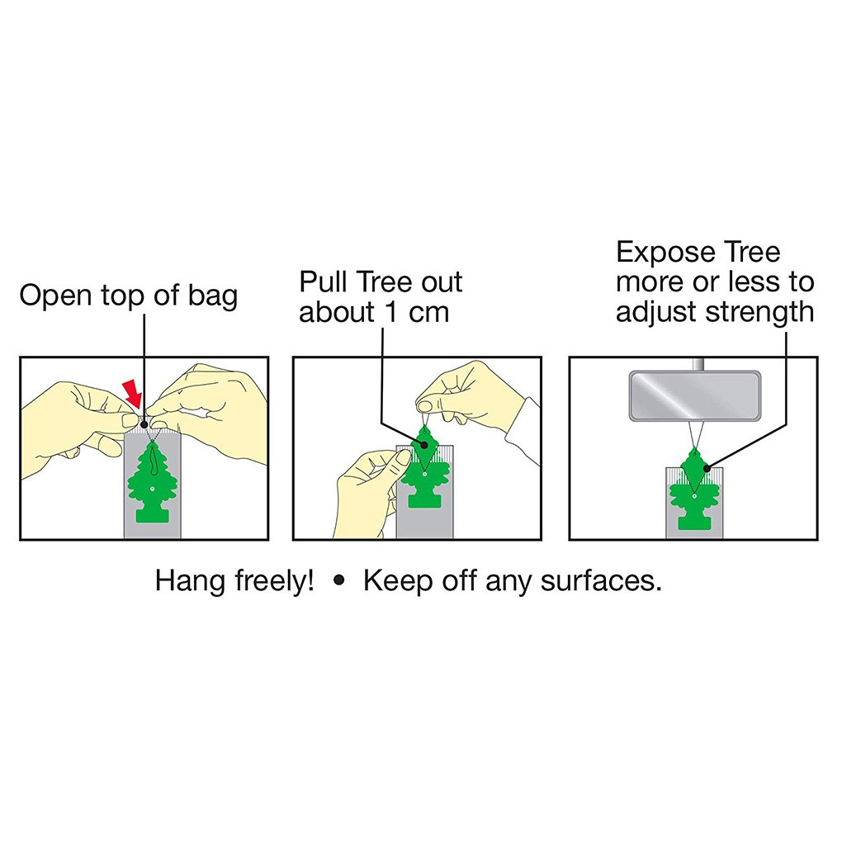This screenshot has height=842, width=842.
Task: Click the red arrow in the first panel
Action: [132, 394]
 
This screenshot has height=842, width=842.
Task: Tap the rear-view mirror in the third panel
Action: [695, 395]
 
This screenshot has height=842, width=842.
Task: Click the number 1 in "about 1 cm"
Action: [391, 313]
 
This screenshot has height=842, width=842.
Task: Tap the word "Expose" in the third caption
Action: [666, 253]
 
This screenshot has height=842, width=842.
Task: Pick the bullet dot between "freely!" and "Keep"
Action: [338, 580]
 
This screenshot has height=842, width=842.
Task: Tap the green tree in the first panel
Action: [153, 482]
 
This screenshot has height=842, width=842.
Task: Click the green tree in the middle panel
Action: [424, 466]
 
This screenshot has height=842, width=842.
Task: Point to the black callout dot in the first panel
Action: [144, 425]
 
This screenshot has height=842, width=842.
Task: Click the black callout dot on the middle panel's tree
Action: [424, 445]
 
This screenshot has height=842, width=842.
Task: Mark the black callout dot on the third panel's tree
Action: [707, 468]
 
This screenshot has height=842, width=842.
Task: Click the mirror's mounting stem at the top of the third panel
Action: [698, 365]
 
